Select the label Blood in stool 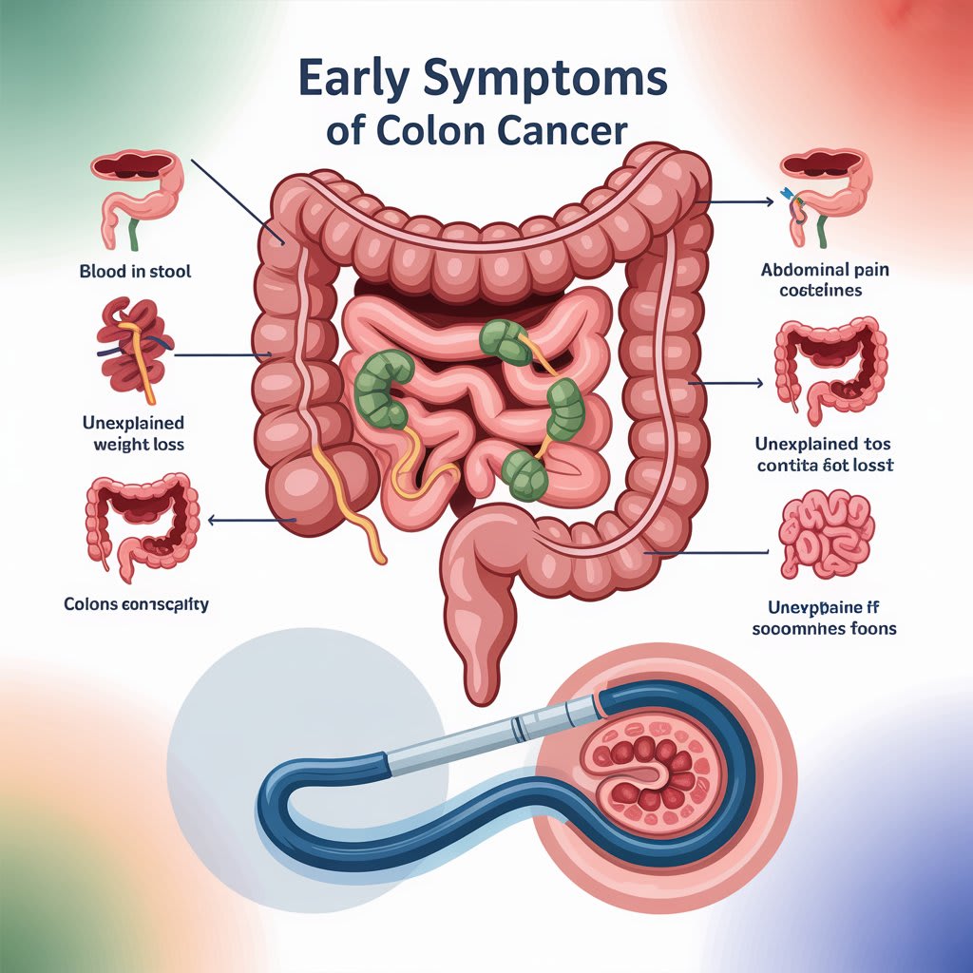click(x=135, y=272)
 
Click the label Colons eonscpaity click(x=136, y=603)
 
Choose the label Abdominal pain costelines click(x=824, y=279)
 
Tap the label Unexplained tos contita click(x=825, y=454)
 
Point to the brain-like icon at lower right click(x=824, y=534)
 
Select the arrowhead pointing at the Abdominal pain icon click(x=769, y=202)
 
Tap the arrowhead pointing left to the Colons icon click(x=213, y=520)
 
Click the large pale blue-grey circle click(x=285, y=741)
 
